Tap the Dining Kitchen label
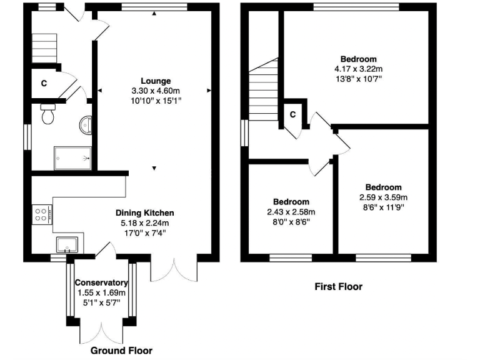[x=144, y=212]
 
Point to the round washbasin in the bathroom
[x=86, y=126]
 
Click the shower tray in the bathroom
[x=73, y=158]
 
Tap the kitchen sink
[x=67, y=243]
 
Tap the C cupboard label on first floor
[x=292, y=114]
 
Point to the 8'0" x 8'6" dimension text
[x=291, y=221]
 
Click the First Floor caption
[x=338, y=287]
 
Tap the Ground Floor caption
[x=121, y=351]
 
